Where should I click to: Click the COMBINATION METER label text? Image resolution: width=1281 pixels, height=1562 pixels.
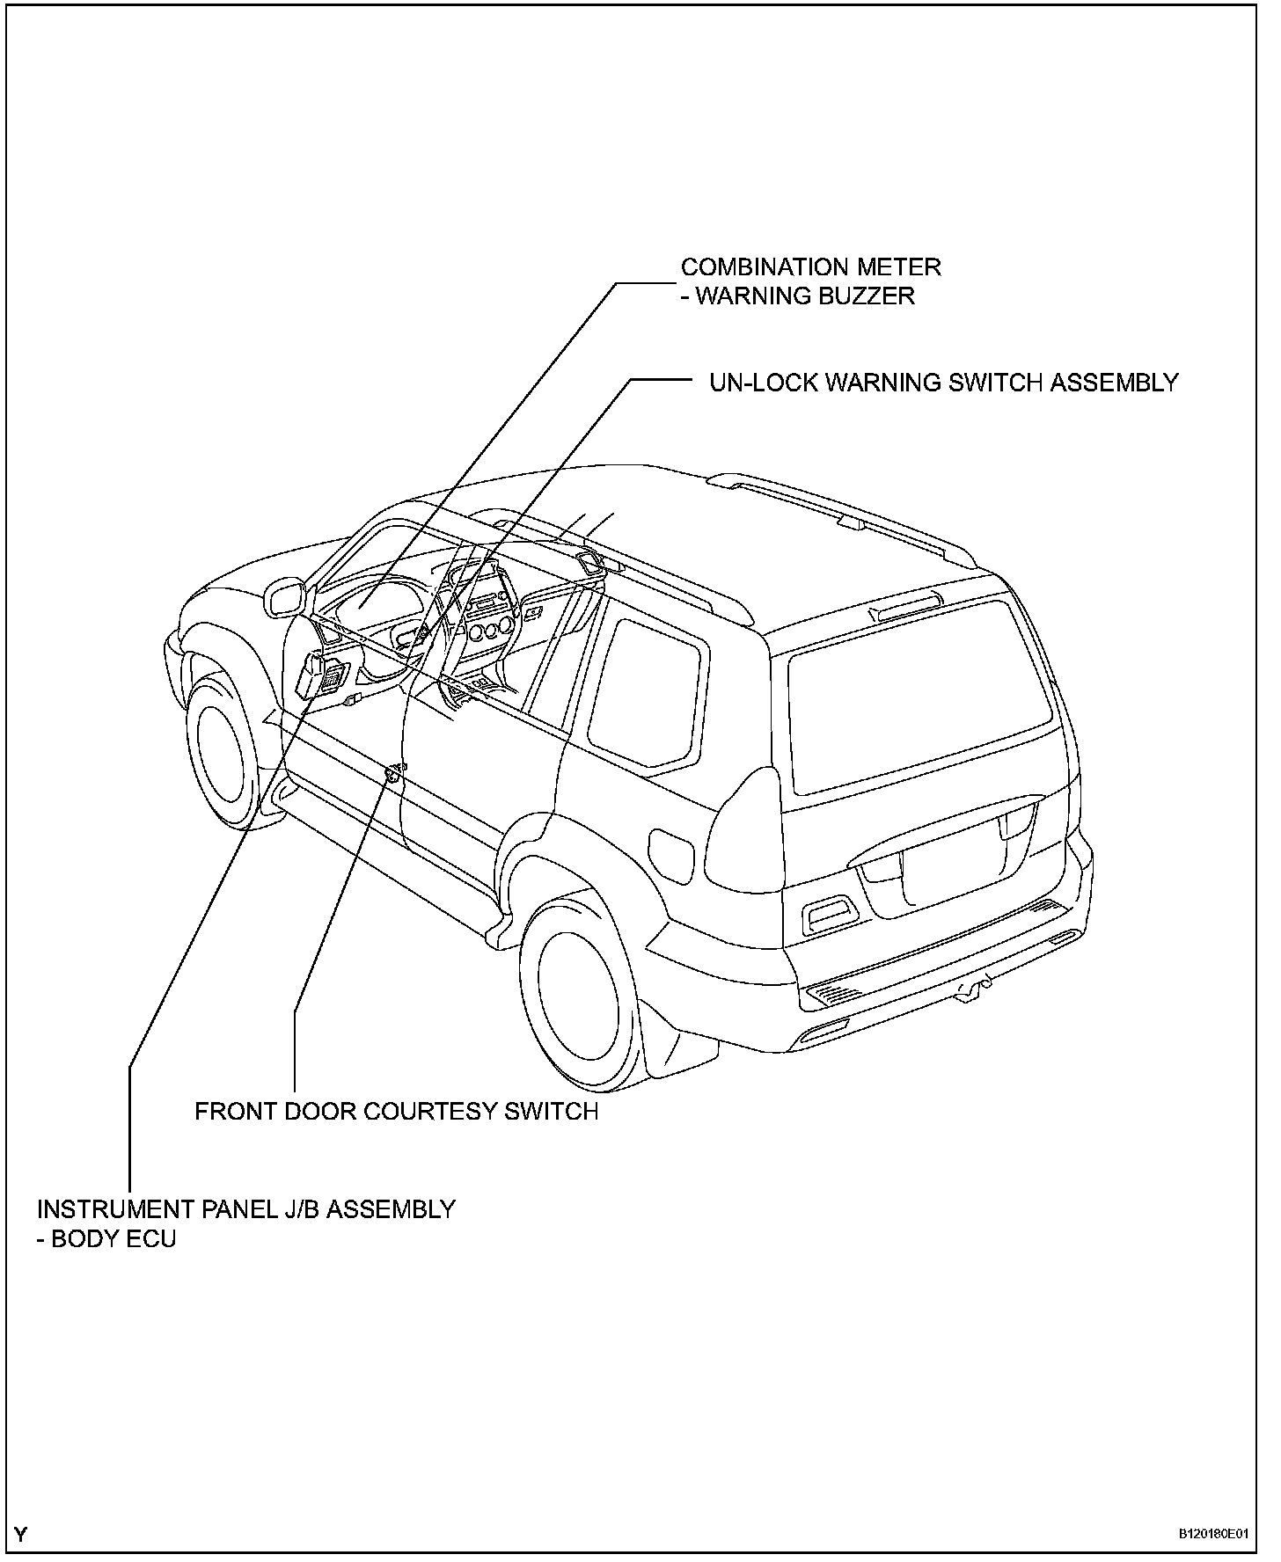pyautogui.click(x=810, y=266)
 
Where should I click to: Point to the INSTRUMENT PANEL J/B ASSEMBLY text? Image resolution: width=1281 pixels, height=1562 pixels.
pyautogui.click(x=246, y=1209)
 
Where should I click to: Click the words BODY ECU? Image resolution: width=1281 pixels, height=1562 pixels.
pyautogui.click(x=113, y=1239)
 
